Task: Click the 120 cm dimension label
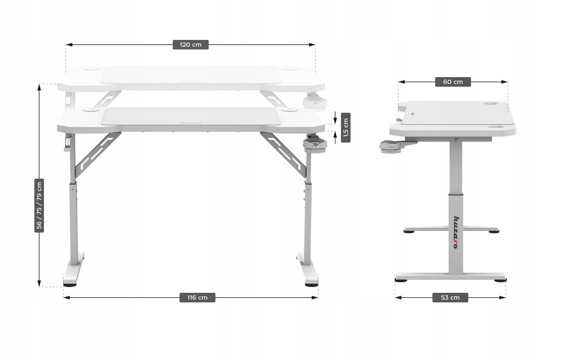190,45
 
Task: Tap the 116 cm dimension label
197,298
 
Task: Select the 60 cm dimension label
453,82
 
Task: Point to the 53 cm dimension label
450,298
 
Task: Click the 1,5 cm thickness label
346,128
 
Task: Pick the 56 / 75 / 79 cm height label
39,205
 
